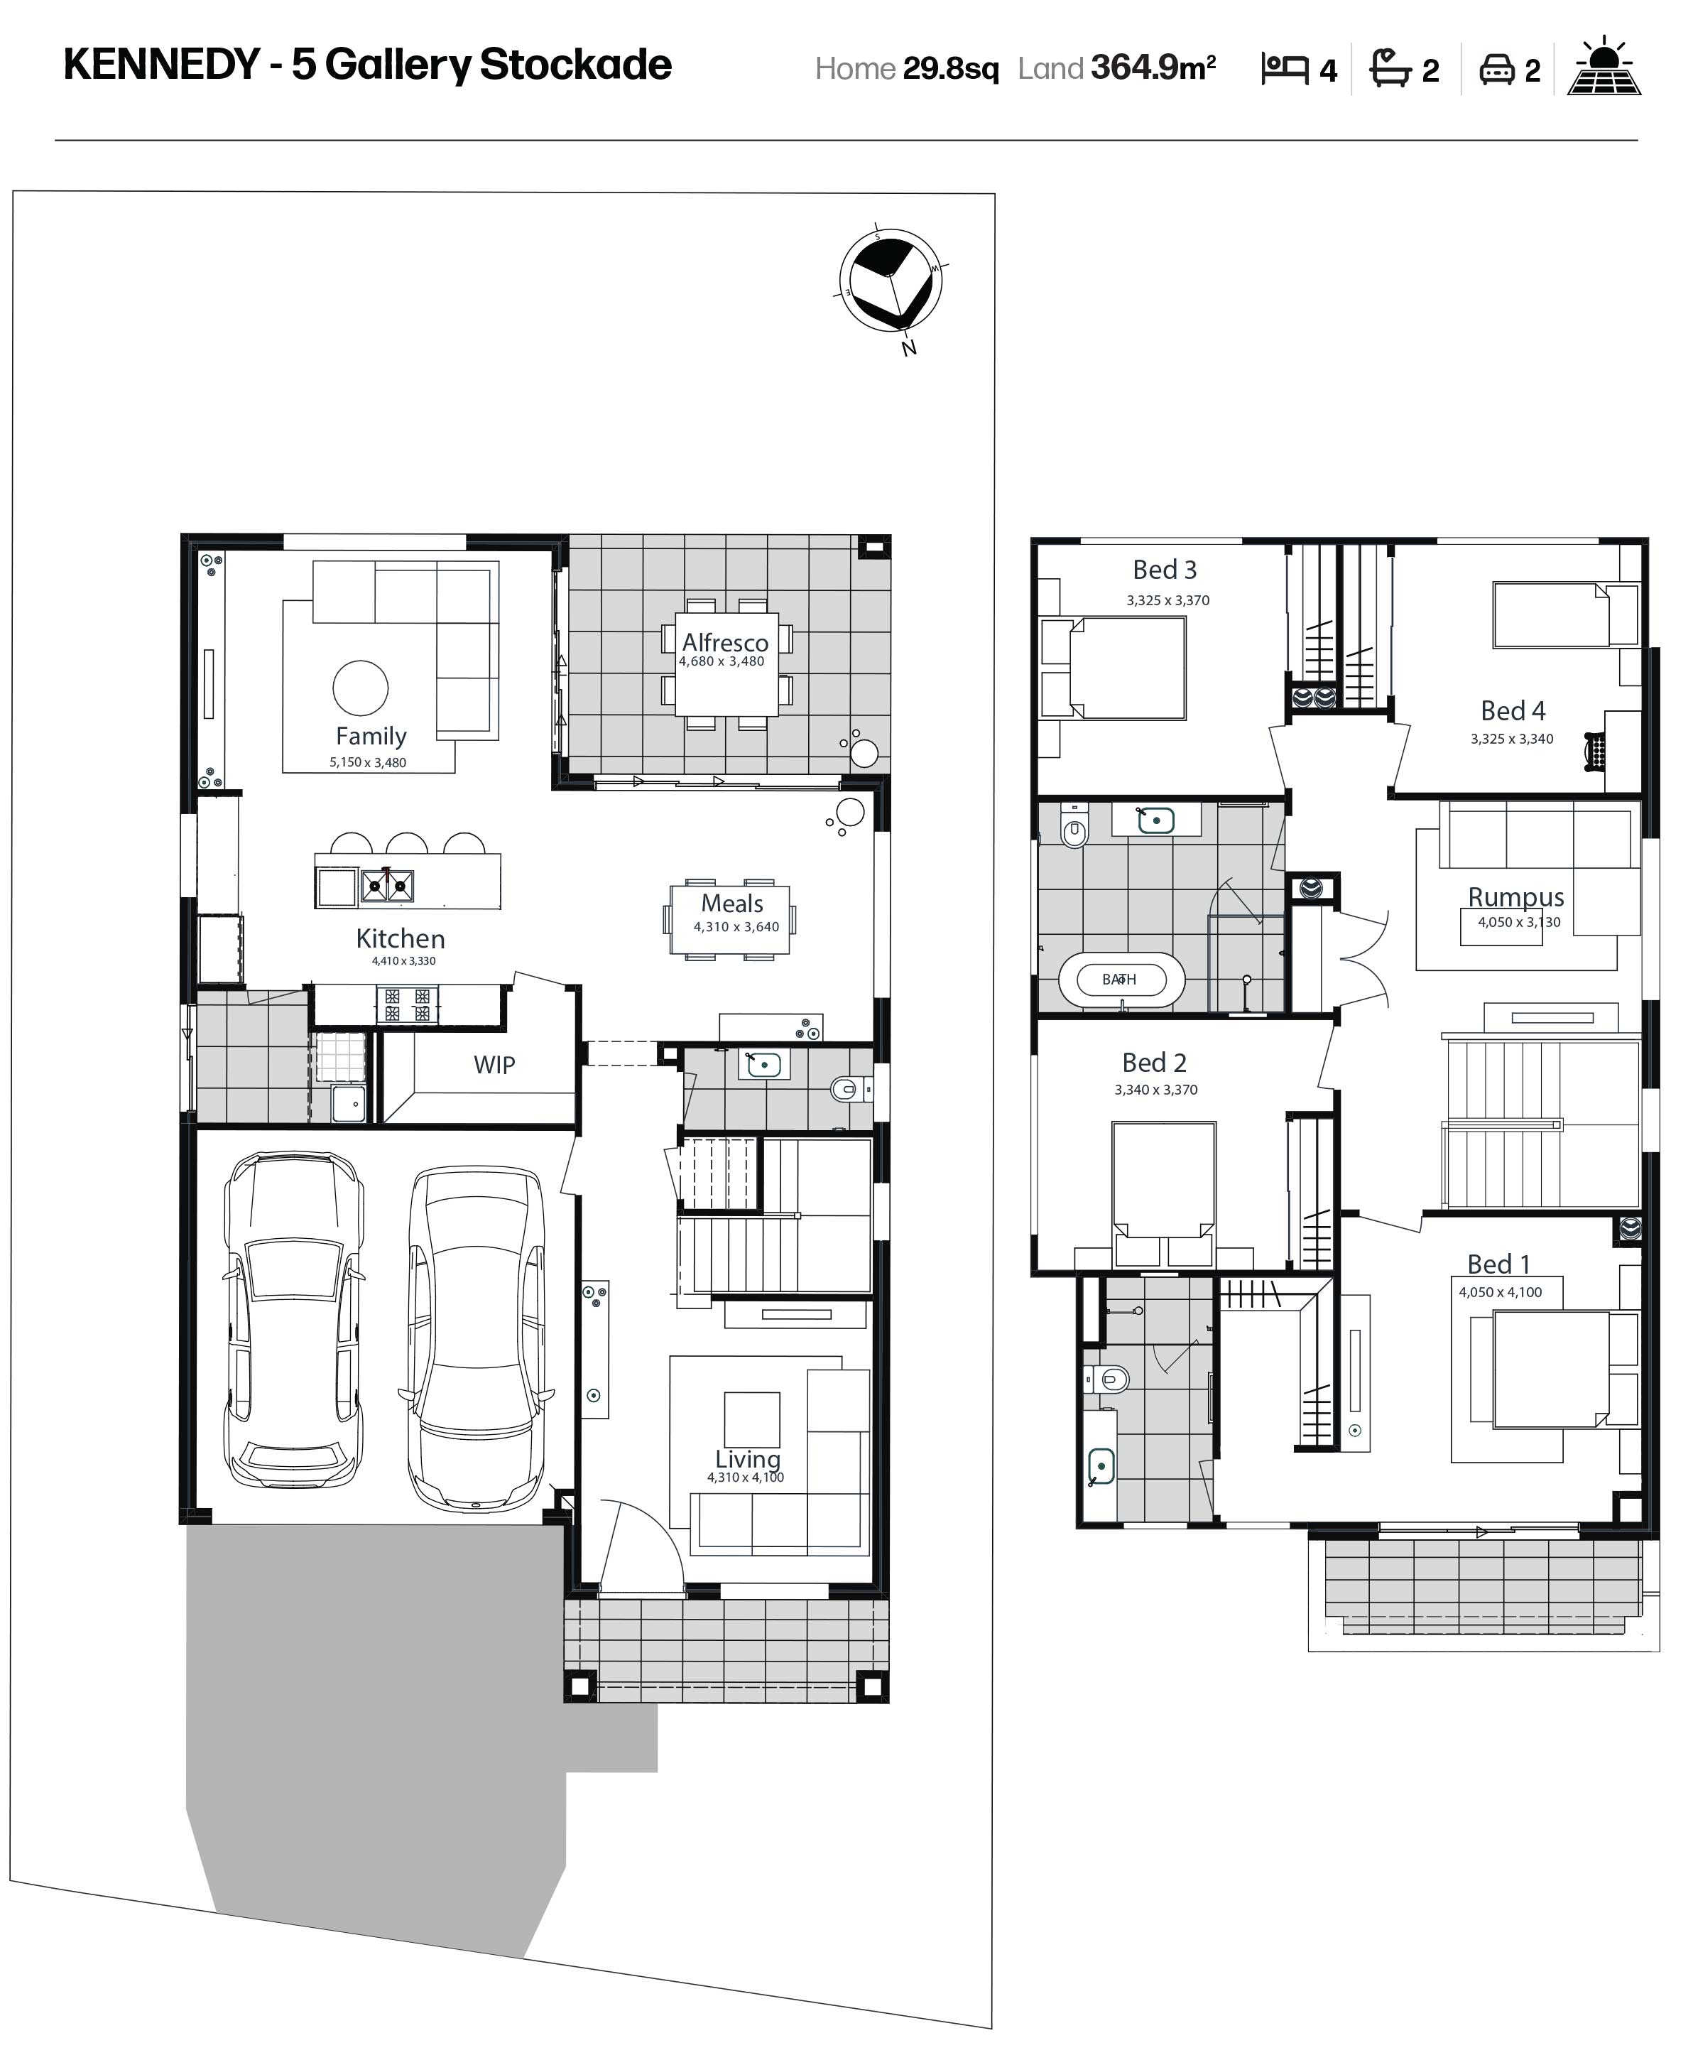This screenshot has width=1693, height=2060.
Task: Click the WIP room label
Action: point(494,1065)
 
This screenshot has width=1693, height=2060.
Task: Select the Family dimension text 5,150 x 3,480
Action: point(368,763)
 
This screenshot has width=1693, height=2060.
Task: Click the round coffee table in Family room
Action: point(361,688)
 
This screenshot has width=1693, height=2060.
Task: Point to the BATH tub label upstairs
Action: point(1120,980)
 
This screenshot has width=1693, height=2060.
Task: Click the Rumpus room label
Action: point(1515,896)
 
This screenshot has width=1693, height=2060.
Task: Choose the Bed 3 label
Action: point(1165,570)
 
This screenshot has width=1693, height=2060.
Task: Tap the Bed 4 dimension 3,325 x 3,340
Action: point(1512,738)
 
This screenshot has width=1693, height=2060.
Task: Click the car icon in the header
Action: point(1497,69)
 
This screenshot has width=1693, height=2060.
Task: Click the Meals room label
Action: point(732,903)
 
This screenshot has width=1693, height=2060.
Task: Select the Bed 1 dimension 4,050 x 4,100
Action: point(1500,1292)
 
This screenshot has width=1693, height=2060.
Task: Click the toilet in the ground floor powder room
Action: point(846,1088)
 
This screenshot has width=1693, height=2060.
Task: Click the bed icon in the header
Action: point(1285,68)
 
